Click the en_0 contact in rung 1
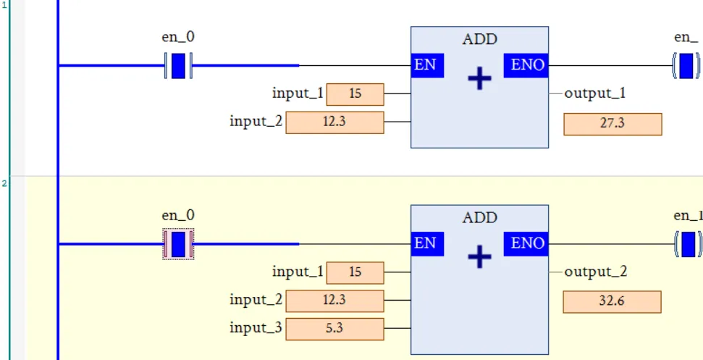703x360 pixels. coord(178,66)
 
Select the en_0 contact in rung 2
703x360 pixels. coord(178,244)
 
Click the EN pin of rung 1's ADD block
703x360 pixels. coord(426,65)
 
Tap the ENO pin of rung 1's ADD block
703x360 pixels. coord(526,65)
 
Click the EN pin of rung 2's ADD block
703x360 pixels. coord(426,243)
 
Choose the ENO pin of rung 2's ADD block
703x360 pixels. coord(526,243)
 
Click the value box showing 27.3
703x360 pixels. coord(613,124)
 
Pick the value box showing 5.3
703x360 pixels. coord(334,329)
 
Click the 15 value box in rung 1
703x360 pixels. coord(355,94)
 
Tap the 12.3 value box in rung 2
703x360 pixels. coord(334,301)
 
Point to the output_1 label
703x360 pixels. coord(595,93)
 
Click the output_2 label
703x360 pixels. coord(595,272)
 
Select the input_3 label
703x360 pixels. coord(256,328)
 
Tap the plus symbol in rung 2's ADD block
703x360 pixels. coord(479,256)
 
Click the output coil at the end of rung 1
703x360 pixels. coord(687,66)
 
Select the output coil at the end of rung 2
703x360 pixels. coord(687,244)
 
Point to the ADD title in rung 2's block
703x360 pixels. coord(480,218)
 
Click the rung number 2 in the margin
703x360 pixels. coord(4,183)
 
